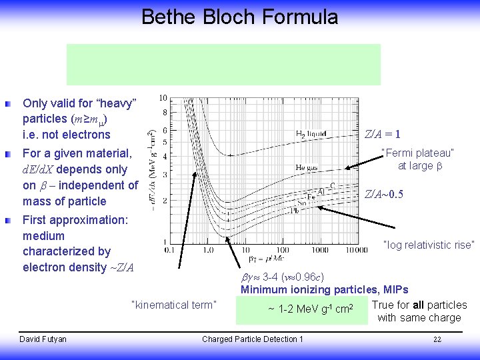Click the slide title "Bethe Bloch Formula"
pos(239,17)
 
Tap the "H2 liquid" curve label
pos(311,133)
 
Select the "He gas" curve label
pos(307,167)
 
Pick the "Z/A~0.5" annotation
pos(384,195)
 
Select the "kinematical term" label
pos(175,305)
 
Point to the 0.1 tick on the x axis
pos(169,250)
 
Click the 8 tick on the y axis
pos(165,112)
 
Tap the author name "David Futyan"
pos(43,339)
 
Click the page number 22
pos(437,339)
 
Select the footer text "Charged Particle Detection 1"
pos(253,339)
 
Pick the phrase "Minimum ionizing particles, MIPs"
pos(324,290)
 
